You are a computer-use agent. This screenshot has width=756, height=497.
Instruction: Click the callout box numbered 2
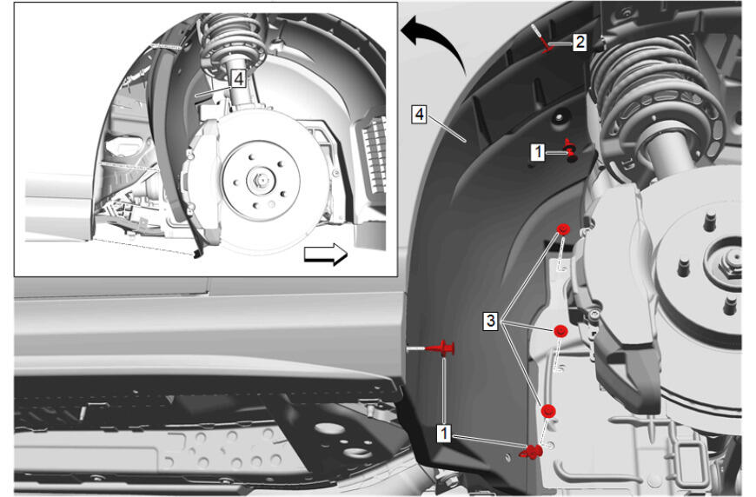tap(580, 42)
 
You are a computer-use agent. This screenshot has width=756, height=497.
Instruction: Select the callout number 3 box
tap(490, 321)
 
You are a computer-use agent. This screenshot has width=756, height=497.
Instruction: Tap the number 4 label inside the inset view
tap(239, 78)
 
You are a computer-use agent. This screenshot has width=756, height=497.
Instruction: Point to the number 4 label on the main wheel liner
tap(420, 114)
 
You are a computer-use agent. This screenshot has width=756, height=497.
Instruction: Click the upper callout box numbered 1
tap(538, 152)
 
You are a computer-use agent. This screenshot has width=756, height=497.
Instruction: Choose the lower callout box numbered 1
tap(443, 433)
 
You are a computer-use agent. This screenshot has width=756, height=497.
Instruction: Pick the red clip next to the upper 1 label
tap(571, 150)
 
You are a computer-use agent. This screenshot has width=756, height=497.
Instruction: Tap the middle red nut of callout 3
tap(560, 332)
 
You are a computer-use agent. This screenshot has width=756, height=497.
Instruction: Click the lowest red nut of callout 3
tap(548, 411)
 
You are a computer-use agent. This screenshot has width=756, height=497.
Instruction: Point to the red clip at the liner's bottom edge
tap(531, 452)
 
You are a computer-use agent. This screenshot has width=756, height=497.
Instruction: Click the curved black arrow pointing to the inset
tap(436, 41)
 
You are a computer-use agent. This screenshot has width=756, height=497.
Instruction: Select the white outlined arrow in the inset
tap(326, 254)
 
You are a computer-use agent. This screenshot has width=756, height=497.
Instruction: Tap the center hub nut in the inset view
tap(261, 182)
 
